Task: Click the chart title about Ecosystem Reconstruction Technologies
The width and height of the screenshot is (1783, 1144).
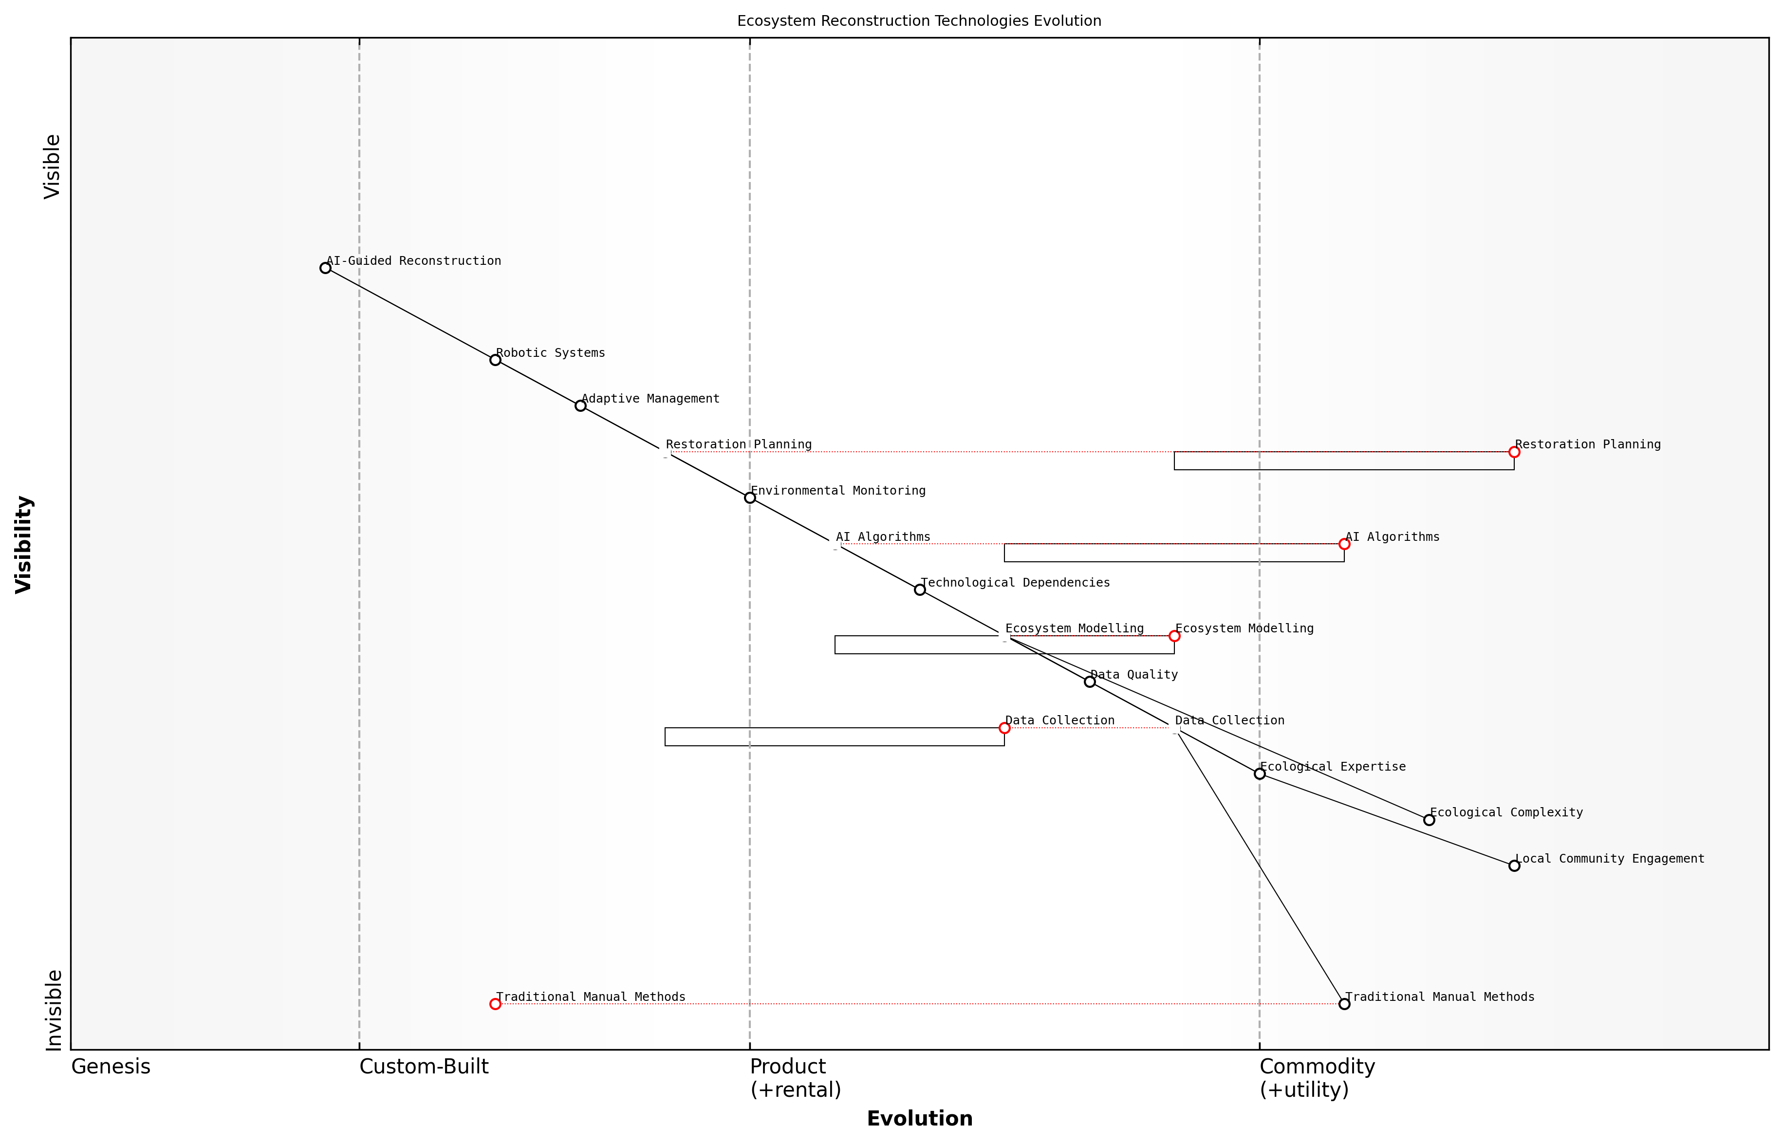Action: click(918, 21)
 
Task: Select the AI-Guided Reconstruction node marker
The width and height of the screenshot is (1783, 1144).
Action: click(325, 268)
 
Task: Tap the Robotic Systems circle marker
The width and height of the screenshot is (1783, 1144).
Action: click(496, 360)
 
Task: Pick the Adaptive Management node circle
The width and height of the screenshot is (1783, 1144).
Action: click(580, 406)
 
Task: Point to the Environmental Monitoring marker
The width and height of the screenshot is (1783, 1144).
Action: click(750, 498)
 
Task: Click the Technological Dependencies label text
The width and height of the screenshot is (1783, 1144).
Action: click(1015, 583)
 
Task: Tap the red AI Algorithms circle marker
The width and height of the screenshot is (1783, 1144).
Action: click(1344, 545)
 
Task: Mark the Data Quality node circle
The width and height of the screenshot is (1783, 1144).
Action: click(1090, 682)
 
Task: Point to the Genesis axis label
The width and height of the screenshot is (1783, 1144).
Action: click(111, 1068)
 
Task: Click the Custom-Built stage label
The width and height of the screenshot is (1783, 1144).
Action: click(424, 1068)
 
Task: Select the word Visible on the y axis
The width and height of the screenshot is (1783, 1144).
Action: click(52, 166)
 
